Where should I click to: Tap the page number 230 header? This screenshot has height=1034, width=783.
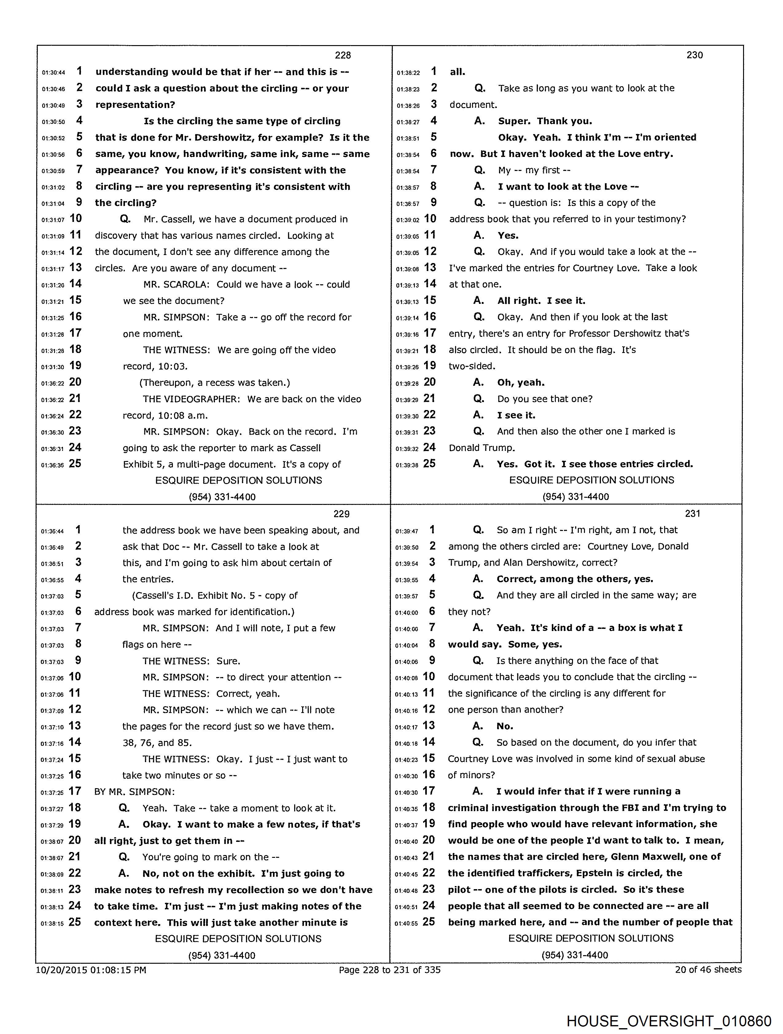pyautogui.click(x=694, y=55)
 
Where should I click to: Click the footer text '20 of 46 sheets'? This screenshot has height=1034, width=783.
pyautogui.click(x=708, y=970)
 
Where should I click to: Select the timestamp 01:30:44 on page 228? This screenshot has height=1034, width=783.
pyautogui.click(x=53, y=72)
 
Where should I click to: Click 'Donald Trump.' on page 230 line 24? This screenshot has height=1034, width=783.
pyautogui.click(x=481, y=448)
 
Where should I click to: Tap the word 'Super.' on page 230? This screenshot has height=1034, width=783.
pyautogui.click(x=514, y=121)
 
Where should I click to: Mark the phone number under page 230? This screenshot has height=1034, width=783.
pyautogui.click(x=575, y=497)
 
